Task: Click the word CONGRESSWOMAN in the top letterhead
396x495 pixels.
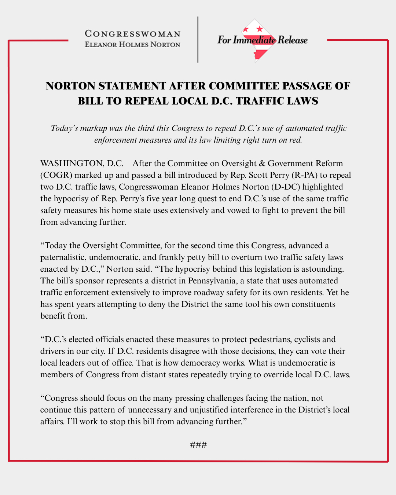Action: click(x=132, y=34)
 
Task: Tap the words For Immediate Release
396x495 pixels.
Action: click(x=262, y=40)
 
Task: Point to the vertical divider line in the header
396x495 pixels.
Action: click(x=198, y=40)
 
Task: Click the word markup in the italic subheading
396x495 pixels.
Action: click(x=93, y=128)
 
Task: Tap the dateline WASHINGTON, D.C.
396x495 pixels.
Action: click(x=81, y=163)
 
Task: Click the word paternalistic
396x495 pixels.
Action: click(x=62, y=257)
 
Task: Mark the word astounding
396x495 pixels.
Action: click(x=323, y=269)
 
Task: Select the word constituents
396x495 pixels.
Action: click(x=313, y=304)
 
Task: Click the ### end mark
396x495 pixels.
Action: click(x=198, y=445)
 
